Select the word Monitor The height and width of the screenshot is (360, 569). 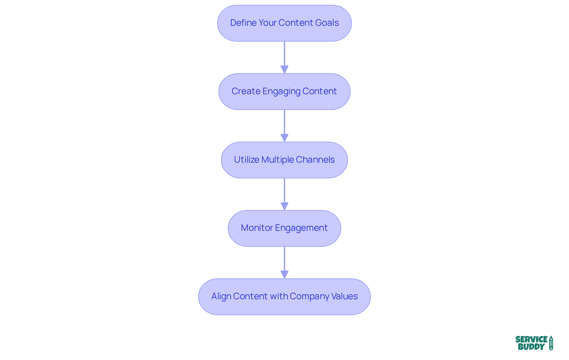[x=257, y=228]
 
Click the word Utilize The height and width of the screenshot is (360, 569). [x=247, y=160]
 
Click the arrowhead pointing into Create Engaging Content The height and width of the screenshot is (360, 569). [x=284, y=69]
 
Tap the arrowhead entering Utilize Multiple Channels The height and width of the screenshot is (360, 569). [x=284, y=138]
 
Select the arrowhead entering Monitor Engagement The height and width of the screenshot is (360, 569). [x=284, y=206]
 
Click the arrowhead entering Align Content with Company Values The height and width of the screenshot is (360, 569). [x=284, y=274]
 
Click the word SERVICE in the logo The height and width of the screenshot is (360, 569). [x=531, y=339]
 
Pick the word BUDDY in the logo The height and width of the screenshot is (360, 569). [x=531, y=347]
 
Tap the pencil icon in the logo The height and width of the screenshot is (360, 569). [x=551, y=343]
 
